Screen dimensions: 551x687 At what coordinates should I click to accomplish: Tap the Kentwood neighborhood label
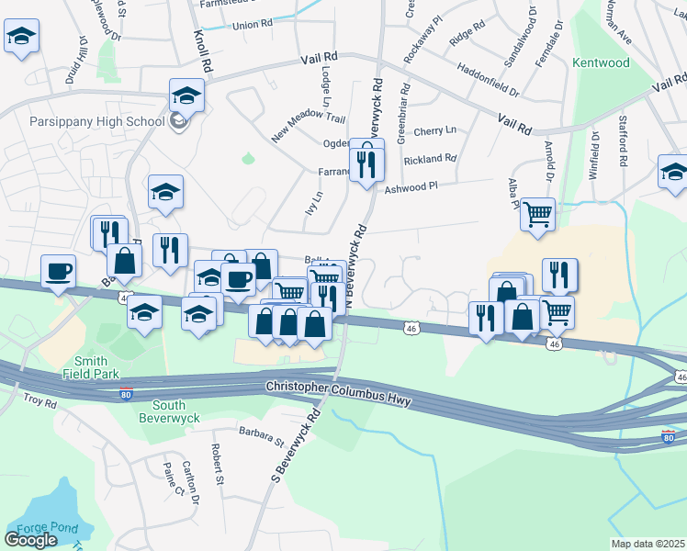[x=601, y=63]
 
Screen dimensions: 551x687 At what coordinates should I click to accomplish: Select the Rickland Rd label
[x=430, y=159]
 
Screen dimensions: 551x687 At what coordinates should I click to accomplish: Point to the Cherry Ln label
[x=435, y=131]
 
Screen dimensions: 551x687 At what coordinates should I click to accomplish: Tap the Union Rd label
[x=253, y=25]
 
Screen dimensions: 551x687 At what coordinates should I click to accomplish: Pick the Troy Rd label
[x=40, y=401]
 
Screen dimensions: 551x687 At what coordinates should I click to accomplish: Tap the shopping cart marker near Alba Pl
[x=537, y=215]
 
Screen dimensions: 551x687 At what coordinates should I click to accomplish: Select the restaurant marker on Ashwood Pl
[x=366, y=164]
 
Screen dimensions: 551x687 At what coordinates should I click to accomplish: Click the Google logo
[x=30, y=540]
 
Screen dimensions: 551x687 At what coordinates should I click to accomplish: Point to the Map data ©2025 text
[x=648, y=544]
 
